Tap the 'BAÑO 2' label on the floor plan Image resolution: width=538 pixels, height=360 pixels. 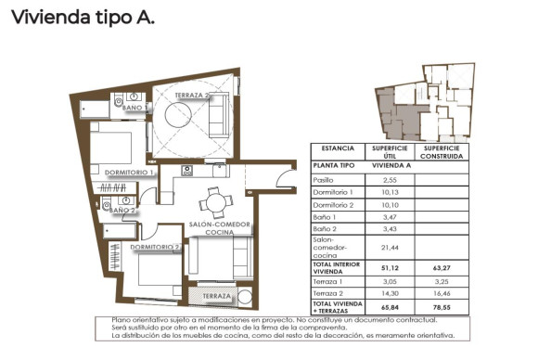pos(122,211)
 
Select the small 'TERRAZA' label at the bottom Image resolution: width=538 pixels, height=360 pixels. pos(218,296)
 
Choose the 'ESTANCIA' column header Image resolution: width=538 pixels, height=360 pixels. pos(338,148)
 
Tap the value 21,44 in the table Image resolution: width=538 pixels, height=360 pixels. pos(390,248)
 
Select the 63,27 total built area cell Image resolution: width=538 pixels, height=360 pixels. pos(441,267)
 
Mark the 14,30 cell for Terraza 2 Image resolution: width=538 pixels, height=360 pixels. pos(390,292)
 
